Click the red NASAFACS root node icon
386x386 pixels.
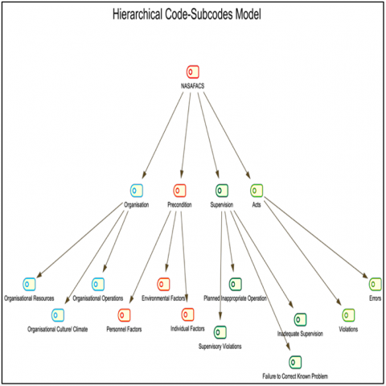coord(193,72)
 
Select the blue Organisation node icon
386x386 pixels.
coord(137,191)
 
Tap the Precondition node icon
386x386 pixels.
coord(179,191)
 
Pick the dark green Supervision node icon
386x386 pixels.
coord(222,191)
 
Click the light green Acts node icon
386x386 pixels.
coord(257,191)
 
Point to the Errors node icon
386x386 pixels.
coord(375,284)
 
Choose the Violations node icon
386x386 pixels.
coord(348,315)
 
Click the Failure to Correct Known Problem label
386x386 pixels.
coord(295,376)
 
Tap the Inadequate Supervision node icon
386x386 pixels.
coord(300,319)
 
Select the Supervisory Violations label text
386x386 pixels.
coord(220,347)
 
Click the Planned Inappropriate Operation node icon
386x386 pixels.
coord(236,284)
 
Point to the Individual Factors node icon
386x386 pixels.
coord(187,314)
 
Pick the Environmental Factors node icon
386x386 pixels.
coord(163,284)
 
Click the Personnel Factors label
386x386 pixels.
coord(124,329)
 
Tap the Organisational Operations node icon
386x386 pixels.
coord(98,284)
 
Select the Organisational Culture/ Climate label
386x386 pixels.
coord(58,329)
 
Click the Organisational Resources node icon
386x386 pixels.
coord(29,284)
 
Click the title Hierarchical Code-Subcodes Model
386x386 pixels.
coord(187,14)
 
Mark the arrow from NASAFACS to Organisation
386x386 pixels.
coord(163,135)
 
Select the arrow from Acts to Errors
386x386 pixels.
coord(316,237)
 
